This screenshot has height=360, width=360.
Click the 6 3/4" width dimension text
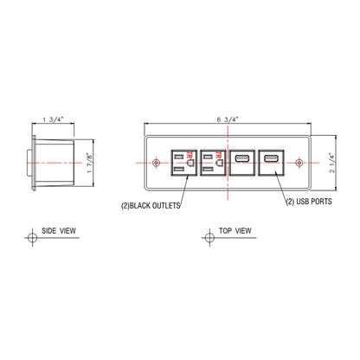(x=228, y=119)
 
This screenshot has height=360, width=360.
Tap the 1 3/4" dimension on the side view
(x=53, y=119)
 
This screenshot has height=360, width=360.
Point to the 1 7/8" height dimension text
(x=90, y=163)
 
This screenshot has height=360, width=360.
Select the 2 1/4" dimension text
(x=332, y=163)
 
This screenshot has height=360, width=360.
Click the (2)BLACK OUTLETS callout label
(x=151, y=206)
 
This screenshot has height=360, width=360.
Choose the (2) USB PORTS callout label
(x=309, y=202)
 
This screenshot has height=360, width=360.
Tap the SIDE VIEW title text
(x=59, y=231)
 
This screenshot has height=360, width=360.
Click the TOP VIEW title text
(x=235, y=231)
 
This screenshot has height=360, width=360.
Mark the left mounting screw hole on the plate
(x=156, y=163)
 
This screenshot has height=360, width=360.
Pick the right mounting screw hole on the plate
(x=299, y=163)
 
